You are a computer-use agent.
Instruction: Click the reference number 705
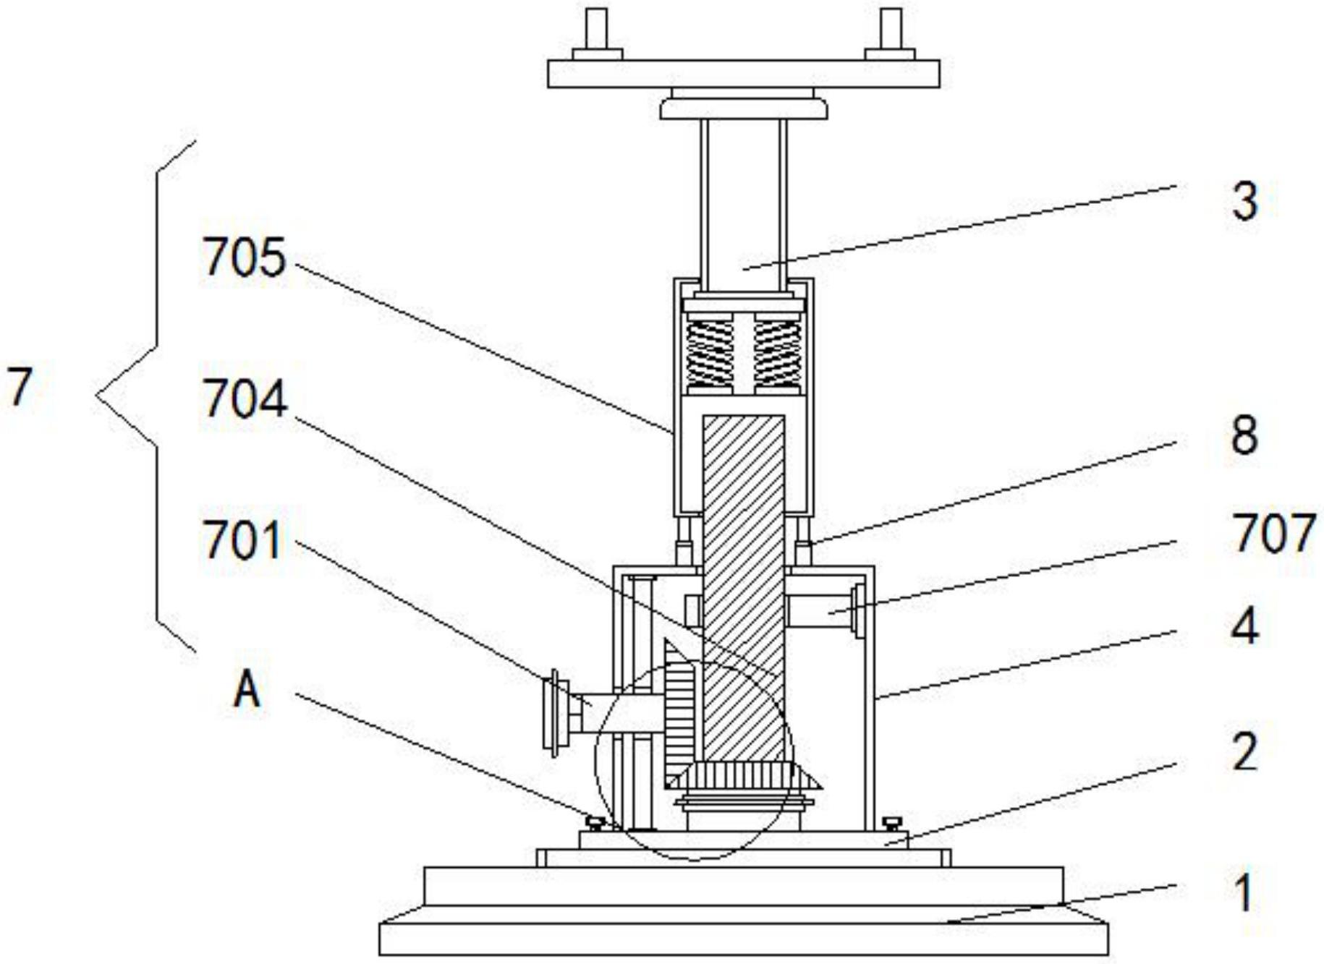click(x=244, y=257)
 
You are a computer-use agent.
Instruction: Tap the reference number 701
click(x=242, y=540)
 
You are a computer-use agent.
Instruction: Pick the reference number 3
click(x=1244, y=200)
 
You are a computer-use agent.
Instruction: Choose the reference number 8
click(x=1244, y=435)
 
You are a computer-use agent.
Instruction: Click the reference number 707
click(x=1273, y=533)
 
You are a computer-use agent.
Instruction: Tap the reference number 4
click(x=1244, y=626)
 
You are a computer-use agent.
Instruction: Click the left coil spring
click(x=709, y=354)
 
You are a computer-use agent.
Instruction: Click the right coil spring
click(x=777, y=354)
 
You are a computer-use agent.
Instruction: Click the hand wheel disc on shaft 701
click(x=555, y=713)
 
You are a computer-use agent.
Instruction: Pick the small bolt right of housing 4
click(x=893, y=822)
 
